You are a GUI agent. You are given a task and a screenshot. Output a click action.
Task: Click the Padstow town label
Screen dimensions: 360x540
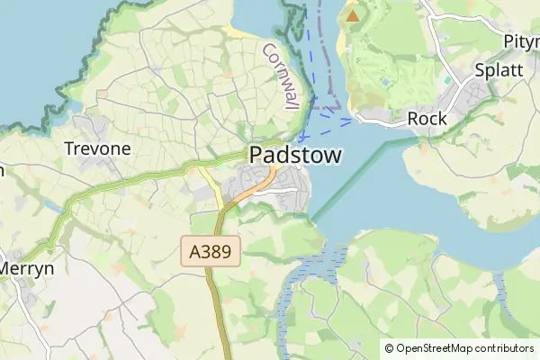(295, 156)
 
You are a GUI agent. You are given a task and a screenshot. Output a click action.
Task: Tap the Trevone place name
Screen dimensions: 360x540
(97, 148)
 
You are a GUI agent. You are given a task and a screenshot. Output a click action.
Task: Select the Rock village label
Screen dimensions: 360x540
(427, 118)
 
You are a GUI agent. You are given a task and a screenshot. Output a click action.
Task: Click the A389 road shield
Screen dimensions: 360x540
(211, 251)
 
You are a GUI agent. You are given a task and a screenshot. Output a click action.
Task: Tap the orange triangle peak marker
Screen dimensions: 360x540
(352, 14)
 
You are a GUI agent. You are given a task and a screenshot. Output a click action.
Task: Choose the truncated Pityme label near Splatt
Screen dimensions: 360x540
(521, 42)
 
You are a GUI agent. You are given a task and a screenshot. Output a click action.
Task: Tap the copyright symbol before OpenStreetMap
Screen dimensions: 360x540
(390, 348)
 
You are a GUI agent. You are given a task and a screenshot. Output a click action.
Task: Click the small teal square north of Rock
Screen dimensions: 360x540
(447, 81)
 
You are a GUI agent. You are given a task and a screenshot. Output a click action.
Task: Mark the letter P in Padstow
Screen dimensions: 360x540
(256, 156)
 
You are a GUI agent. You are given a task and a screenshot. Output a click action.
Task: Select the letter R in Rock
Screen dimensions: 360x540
(413, 118)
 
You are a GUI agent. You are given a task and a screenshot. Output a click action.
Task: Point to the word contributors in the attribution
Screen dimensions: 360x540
(500, 348)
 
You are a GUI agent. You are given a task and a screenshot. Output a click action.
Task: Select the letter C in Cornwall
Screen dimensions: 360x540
(267, 49)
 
